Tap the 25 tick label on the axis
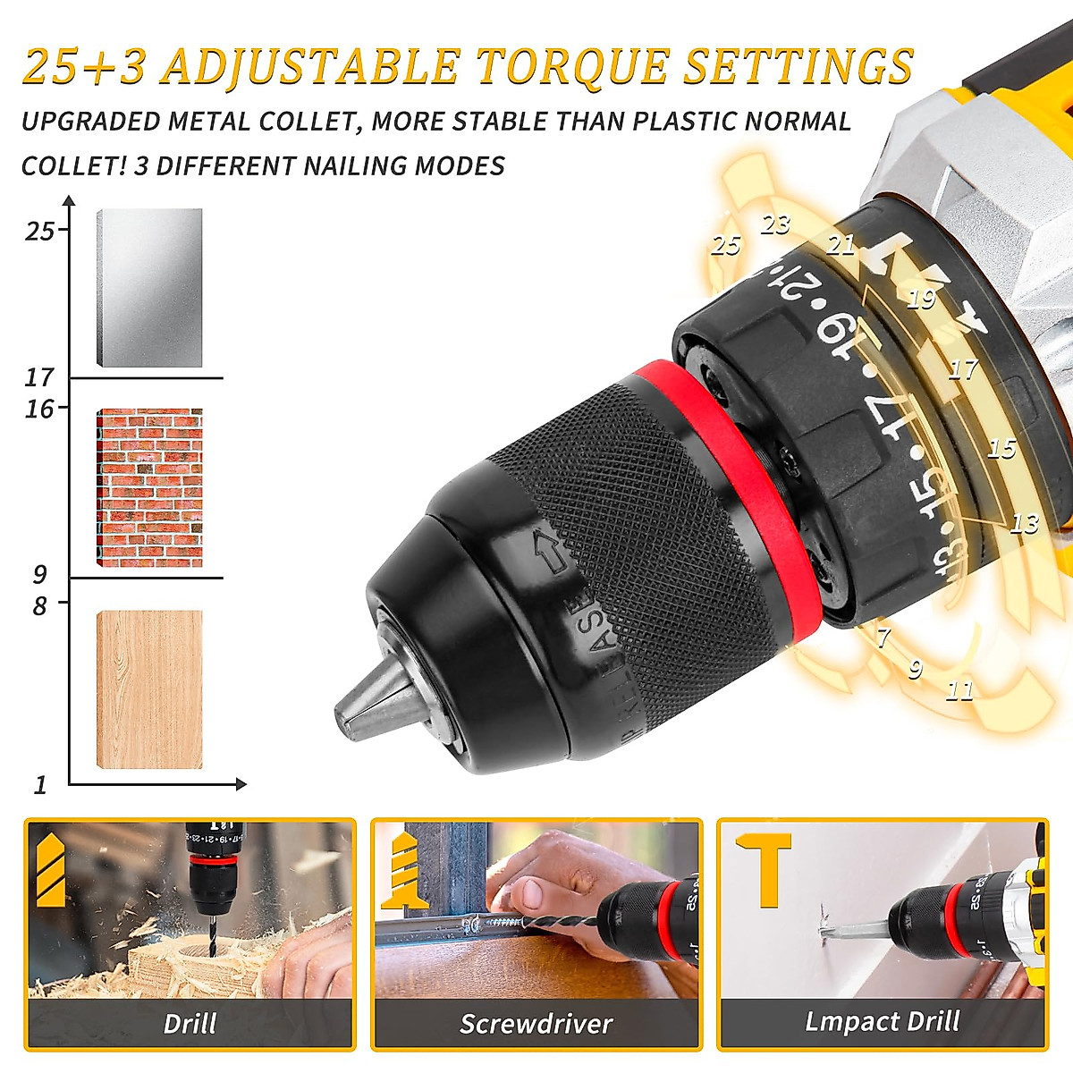coord(39,232)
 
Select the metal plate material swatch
coord(149,288)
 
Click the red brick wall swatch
coord(149,487)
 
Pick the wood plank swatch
coord(149,689)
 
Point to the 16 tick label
coord(39,409)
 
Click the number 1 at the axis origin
coord(40,785)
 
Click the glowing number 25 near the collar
coord(725,244)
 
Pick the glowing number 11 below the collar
coord(959,689)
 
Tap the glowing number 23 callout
coord(775,224)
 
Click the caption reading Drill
coord(190,1023)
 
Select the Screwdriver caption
coord(536,1023)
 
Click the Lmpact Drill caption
coord(882,1021)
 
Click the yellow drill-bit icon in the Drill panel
coord(51,867)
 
